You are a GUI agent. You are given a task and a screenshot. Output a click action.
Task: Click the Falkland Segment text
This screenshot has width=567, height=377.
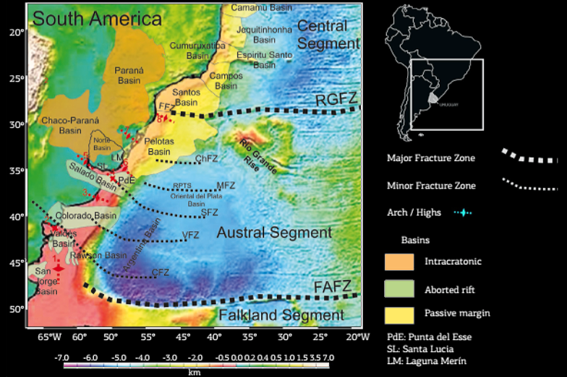click(281, 316)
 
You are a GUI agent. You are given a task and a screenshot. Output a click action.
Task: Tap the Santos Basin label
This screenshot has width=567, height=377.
click(186, 97)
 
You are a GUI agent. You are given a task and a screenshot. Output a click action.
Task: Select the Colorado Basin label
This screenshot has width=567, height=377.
click(86, 215)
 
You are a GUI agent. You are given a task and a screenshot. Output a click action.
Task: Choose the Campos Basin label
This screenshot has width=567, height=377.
click(226, 80)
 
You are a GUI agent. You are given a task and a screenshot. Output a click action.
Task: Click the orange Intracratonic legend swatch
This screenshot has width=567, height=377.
click(399, 261)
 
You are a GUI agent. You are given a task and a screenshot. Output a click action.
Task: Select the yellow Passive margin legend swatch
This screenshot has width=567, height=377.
click(399, 315)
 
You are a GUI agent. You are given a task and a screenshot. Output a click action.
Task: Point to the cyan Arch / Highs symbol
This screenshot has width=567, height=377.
click(463, 212)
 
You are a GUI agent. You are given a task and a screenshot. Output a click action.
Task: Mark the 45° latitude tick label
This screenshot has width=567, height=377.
click(17, 263)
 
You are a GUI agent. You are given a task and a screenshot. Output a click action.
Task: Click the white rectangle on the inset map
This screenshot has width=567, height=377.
click(446, 94)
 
